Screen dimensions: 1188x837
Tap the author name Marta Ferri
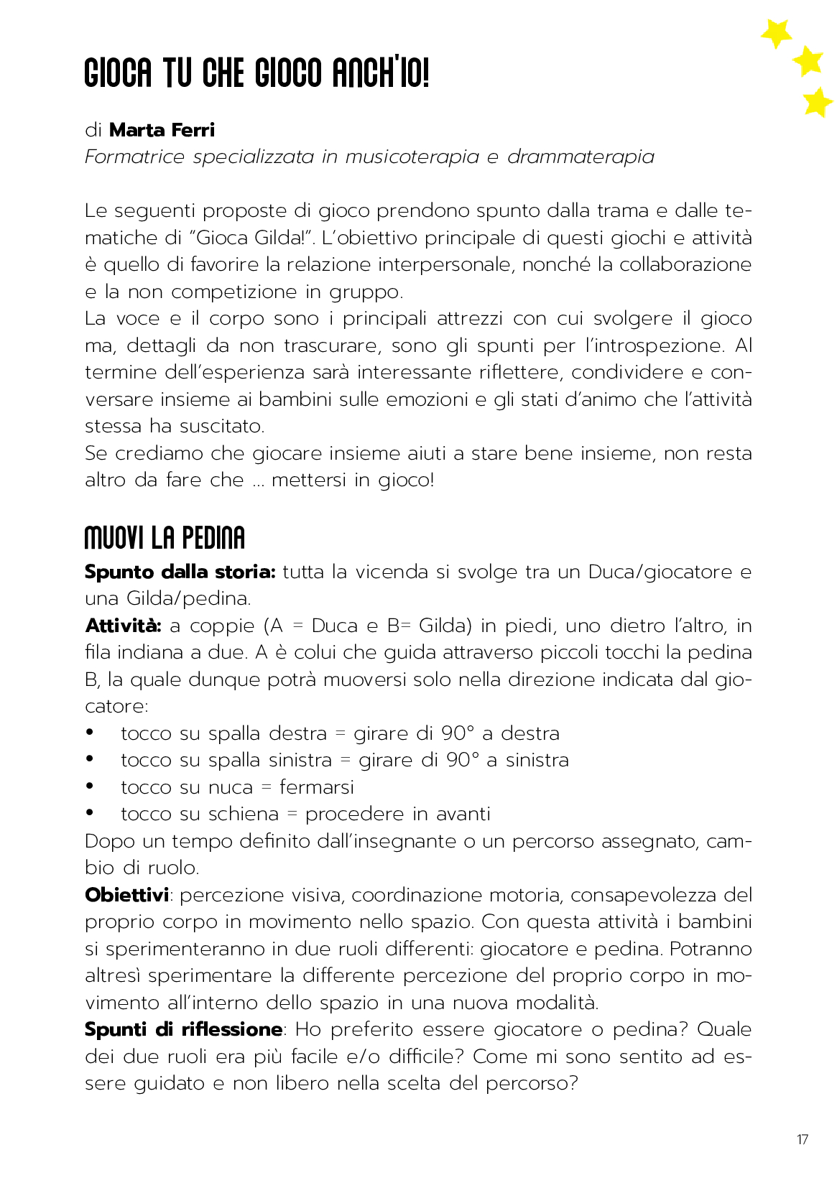162,130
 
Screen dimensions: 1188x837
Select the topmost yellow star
776,33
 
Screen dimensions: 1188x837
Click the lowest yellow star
817,102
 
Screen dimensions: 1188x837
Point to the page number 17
803,1139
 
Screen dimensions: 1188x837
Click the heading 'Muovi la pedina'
165,537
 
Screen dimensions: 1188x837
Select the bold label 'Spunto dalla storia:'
180,572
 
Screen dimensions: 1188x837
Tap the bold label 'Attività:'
123,626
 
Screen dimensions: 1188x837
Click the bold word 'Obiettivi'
126,895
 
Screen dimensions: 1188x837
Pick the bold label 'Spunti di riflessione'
183,1029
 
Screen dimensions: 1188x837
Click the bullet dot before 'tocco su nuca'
90,786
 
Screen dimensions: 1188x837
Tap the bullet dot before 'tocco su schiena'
90,813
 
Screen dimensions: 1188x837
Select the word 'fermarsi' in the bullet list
316,787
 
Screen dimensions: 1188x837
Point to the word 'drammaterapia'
581,157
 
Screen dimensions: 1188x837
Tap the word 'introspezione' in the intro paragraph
655,345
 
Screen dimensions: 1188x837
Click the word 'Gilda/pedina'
188,598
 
